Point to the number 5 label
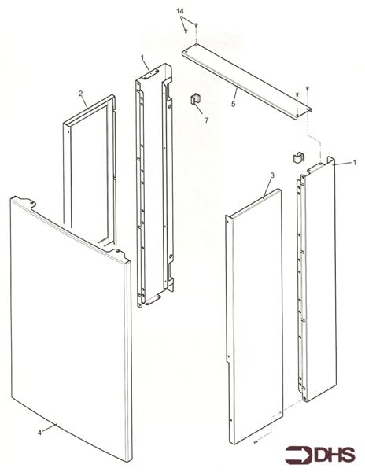(234, 103)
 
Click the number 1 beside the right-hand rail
(355, 162)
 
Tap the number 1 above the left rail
(142, 58)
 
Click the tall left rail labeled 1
(153, 189)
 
